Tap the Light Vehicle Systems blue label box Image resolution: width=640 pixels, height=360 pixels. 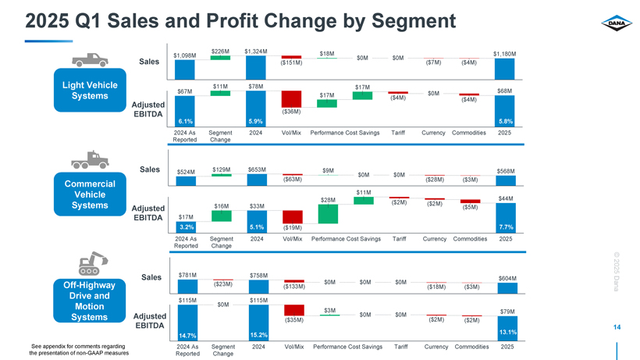click(83, 90)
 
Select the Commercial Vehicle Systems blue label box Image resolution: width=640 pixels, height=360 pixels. click(83, 194)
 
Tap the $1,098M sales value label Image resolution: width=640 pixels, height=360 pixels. click(185, 55)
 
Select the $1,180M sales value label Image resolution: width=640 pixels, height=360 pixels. click(505, 53)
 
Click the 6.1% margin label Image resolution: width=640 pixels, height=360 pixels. click(185, 121)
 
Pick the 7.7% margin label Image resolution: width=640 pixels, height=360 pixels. click(505, 226)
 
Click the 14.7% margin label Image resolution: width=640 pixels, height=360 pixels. click(185, 336)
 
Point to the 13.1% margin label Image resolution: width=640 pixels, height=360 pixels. click(505, 333)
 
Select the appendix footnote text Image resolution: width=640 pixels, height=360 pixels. click(79, 349)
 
